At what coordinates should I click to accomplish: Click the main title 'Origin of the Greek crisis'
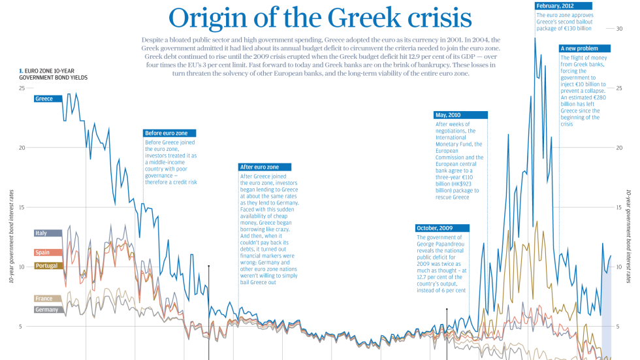319,18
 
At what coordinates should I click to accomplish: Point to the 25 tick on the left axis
22,88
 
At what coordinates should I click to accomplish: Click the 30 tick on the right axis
620,29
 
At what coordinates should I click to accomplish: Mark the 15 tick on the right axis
620,208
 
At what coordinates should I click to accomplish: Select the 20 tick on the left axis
22,148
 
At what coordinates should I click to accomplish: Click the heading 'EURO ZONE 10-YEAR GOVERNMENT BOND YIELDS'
52,73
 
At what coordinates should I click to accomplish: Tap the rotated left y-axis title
11,237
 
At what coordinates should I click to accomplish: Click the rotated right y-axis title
629,237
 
